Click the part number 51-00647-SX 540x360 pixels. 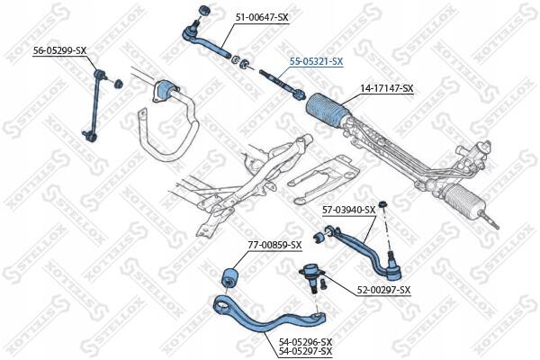tap(262, 17)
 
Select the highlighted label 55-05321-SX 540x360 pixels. tap(316, 61)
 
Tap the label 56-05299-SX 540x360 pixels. tap(60, 49)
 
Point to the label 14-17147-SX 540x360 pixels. tap(387, 88)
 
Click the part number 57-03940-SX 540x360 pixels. tap(348, 210)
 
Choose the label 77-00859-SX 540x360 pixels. tap(275, 246)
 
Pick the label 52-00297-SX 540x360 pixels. tap(383, 290)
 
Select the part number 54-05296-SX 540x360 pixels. tap(305, 341)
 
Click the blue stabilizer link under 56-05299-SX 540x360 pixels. tap(94, 103)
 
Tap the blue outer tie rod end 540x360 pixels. tap(198, 38)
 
